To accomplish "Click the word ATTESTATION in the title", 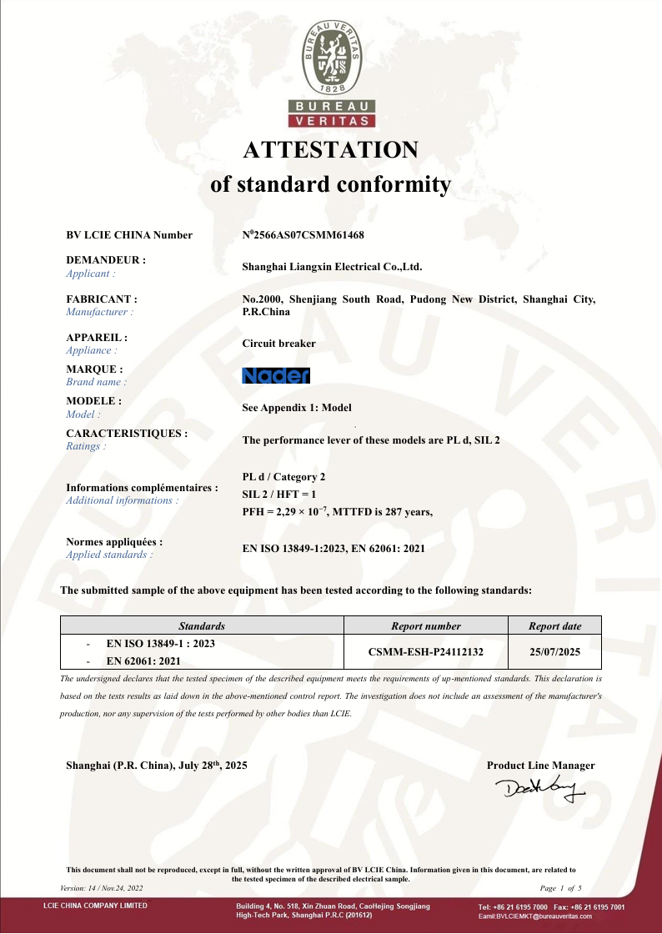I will tap(331, 149).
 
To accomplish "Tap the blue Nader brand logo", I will tap(275, 376).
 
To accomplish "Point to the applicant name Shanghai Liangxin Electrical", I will tap(332, 268).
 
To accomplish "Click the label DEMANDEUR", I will tap(105, 260).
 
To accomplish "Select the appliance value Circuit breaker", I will tap(278, 343).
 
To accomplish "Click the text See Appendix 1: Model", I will tap(296, 408).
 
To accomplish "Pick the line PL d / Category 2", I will tap(283, 477).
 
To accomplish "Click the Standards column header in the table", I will tap(202, 625).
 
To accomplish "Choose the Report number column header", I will tap(426, 625).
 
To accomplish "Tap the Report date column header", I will tap(555, 625).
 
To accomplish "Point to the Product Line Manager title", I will tap(541, 766).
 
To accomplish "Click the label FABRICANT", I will tap(102, 299).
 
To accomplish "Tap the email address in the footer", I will tap(534, 916).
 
